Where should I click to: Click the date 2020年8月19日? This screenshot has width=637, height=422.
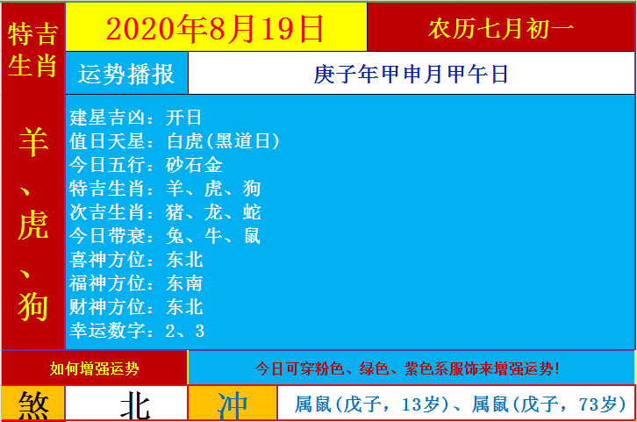(215, 28)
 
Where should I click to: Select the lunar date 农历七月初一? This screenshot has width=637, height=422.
(501, 29)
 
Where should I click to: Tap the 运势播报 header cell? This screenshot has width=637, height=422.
(126, 75)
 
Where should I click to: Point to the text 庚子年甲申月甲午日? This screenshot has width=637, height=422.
(411, 75)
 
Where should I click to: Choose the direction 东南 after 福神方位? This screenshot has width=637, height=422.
(184, 283)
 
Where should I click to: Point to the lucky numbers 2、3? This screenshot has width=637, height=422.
(184, 331)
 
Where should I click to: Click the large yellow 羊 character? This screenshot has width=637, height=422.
(33, 141)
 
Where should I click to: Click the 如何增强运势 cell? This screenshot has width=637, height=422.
(94, 368)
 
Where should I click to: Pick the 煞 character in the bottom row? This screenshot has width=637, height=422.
(33, 405)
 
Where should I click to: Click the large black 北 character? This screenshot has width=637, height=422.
(134, 405)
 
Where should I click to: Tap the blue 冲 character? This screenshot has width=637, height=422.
(233, 405)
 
